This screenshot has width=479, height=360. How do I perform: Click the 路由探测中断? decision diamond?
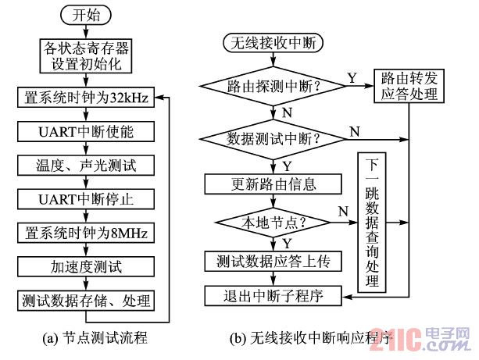[273, 85]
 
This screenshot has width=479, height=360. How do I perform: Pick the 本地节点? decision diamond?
[273, 221]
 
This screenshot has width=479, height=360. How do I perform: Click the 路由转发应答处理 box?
[409, 87]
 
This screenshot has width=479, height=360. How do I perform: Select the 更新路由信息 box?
[273, 184]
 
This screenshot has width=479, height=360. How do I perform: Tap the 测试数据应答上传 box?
[273, 261]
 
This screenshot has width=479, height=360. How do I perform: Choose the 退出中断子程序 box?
[273, 296]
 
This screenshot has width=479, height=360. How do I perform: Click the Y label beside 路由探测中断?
[351, 77]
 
